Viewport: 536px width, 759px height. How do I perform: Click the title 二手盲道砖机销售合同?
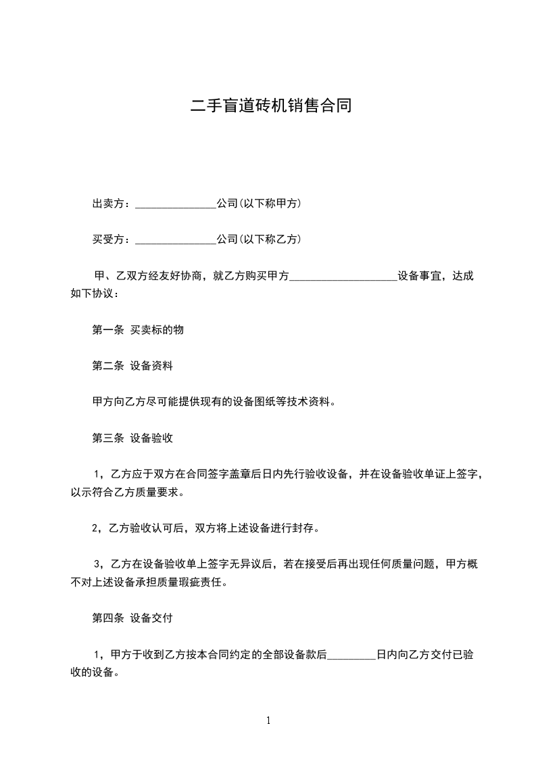[271, 106]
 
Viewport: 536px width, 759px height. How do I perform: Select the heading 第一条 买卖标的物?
[138, 330]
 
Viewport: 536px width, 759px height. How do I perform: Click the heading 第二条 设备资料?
[132, 366]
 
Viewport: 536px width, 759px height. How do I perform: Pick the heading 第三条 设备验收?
[132, 438]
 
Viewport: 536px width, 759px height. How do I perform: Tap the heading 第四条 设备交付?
[132, 618]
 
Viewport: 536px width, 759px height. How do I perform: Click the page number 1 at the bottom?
[268, 720]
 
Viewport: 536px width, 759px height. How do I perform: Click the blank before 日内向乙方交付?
[351, 655]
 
